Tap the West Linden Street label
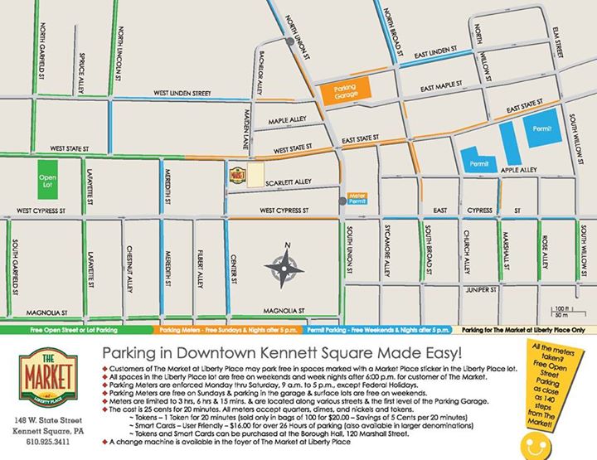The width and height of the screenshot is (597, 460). pyautogui.click(x=182, y=94)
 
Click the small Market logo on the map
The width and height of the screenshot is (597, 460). pyautogui.click(x=238, y=175)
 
